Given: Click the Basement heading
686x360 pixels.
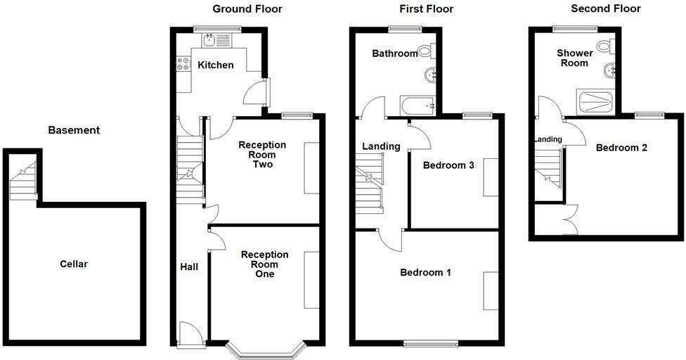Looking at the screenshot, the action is pyautogui.click(x=74, y=130).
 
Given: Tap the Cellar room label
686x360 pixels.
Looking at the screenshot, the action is pyautogui.click(x=74, y=264).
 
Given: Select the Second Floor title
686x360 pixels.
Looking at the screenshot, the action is pyautogui.click(x=605, y=8).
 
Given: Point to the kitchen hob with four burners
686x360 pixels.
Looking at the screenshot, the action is pyautogui.click(x=184, y=64).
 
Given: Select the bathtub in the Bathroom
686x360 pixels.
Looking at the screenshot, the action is pyautogui.click(x=418, y=105).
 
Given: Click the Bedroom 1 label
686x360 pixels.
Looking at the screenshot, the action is pyautogui.click(x=425, y=273).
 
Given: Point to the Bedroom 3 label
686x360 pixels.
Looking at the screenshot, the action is pyautogui.click(x=448, y=165).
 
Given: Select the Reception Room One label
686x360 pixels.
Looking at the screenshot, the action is pyautogui.click(x=265, y=264).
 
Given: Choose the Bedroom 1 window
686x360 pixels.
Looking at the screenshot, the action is pyautogui.click(x=430, y=343).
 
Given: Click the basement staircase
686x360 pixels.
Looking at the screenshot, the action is pyautogui.click(x=23, y=180).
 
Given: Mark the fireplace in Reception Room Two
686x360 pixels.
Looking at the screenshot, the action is pyautogui.click(x=311, y=167).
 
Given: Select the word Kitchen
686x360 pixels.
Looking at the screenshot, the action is pyautogui.click(x=216, y=65).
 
